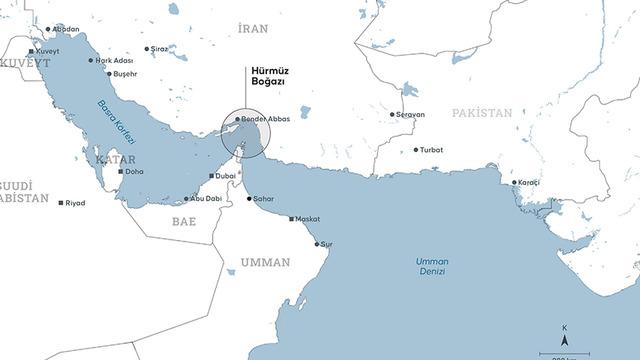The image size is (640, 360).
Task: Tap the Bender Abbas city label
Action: point(265,118)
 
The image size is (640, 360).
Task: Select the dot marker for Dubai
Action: point(209,176)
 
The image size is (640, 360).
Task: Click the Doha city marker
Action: point(122,171)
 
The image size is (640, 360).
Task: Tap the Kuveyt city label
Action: point(48,50)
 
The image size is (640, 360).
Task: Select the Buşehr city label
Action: point(123,74)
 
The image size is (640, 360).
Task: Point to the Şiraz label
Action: point(159,48)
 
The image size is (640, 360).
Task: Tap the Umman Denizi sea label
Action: point(432,266)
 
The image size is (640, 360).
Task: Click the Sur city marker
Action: point(317,244)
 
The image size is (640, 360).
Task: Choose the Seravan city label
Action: point(411,114)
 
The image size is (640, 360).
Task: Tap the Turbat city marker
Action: point(416,150)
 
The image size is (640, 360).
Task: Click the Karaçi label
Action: point(530,183)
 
